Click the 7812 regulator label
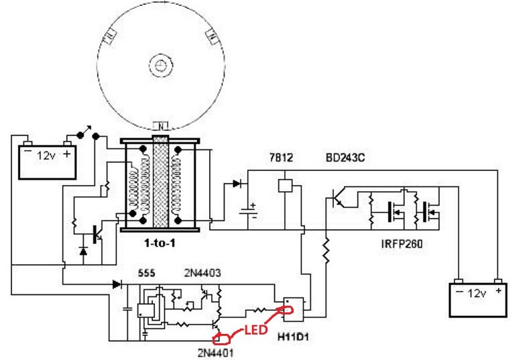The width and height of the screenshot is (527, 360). click(282, 158)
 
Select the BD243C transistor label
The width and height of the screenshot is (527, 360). click(345, 158)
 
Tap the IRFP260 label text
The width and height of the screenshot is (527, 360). click(402, 243)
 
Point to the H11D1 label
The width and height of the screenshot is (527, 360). click(293, 337)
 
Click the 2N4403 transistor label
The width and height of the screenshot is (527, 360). click(202, 273)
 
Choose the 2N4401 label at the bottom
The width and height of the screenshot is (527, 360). click(215, 353)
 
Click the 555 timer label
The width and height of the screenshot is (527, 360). click(147, 273)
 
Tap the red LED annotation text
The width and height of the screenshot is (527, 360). click(255, 330)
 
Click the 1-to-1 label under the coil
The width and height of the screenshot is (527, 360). click(160, 243)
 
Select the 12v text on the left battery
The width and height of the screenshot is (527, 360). click(46, 156)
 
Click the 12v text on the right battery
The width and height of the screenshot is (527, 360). click(477, 294)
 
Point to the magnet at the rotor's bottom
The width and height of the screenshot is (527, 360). click(160, 126)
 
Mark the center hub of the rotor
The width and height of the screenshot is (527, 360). click(160, 65)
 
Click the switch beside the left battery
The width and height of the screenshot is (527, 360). click(88, 133)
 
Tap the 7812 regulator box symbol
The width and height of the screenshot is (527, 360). click(286, 186)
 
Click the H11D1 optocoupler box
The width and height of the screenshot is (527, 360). click(294, 309)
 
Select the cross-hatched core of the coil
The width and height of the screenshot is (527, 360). click(160, 182)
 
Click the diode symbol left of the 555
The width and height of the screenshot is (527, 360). click(117, 284)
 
